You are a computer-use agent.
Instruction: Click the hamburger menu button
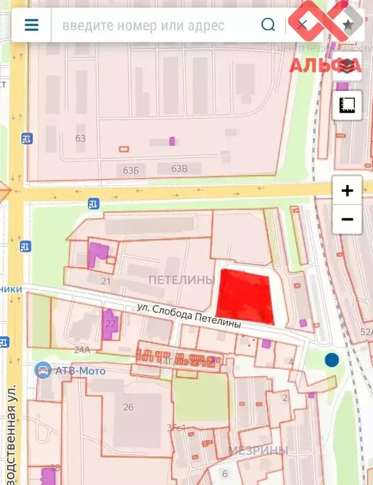[31, 25]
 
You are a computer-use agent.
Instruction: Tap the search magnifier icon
[268, 25]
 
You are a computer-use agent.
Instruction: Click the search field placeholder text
[143, 26]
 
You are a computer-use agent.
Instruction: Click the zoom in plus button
[347, 191]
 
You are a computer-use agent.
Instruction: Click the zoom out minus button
[347, 220]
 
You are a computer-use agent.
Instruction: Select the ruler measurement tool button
[347, 105]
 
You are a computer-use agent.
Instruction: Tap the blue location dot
[331, 360]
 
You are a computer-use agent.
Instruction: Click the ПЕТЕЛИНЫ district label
[182, 280]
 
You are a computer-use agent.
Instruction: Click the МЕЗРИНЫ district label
[258, 450]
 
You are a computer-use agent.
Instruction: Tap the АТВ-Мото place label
[80, 371]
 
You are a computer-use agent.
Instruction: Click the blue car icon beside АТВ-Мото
[42, 371]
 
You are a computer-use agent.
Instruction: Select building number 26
[128, 407]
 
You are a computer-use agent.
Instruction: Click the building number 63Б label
[131, 170]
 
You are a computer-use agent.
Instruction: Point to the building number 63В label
[180, 169]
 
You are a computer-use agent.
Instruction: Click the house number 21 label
[105, 281]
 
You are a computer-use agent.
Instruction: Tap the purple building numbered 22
[110, 323]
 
